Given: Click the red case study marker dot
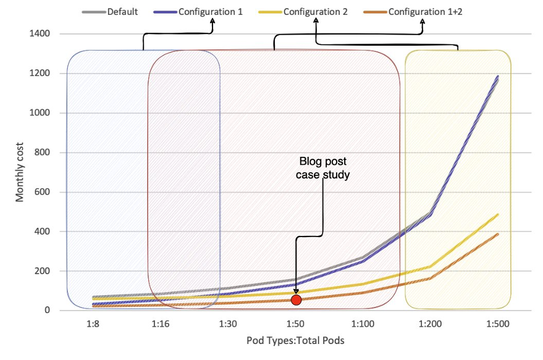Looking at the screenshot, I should click(x=296, y=300).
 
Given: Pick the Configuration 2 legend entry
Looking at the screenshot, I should click(x=311, y=12).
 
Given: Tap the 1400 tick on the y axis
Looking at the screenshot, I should click(x=40, y=33).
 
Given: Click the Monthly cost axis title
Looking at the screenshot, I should click(x=20, y=172).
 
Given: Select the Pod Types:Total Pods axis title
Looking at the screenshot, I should click(x=295, y=340).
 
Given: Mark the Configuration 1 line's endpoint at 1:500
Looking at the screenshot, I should click(x=498, y=76).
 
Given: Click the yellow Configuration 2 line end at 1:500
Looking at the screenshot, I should click(x=498, y=214).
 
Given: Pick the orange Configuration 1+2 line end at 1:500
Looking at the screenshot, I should click(x=498, y=233).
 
